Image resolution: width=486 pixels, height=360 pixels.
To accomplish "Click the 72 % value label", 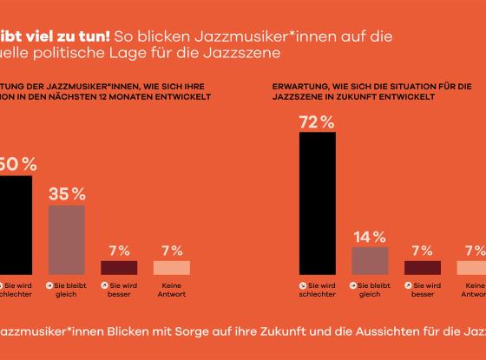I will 316,121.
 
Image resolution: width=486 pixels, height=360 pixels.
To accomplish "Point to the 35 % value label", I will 66,193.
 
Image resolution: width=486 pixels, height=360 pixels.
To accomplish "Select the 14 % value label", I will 369,235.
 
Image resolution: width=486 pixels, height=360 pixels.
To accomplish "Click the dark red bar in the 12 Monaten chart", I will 119,267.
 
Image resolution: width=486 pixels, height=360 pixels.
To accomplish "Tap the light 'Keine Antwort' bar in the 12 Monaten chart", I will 171,267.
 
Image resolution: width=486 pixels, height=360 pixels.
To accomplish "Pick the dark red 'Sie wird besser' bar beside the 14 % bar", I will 423,267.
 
